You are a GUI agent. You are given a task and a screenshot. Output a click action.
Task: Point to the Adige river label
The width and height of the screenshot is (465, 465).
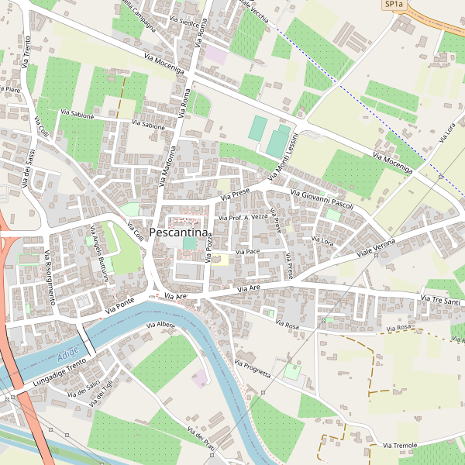pos(68,356)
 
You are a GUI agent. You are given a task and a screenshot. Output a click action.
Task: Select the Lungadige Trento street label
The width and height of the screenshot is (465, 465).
pos(60,374)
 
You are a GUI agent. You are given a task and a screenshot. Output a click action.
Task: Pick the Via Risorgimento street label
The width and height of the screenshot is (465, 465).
pos(49,277)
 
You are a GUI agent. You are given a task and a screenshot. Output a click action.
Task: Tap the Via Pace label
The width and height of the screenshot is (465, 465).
pos(247,252)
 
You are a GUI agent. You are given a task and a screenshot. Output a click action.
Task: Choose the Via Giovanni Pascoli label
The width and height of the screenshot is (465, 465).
pos(322,198)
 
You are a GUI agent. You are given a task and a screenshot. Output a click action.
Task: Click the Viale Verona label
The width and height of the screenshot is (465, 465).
pos(376,249)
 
